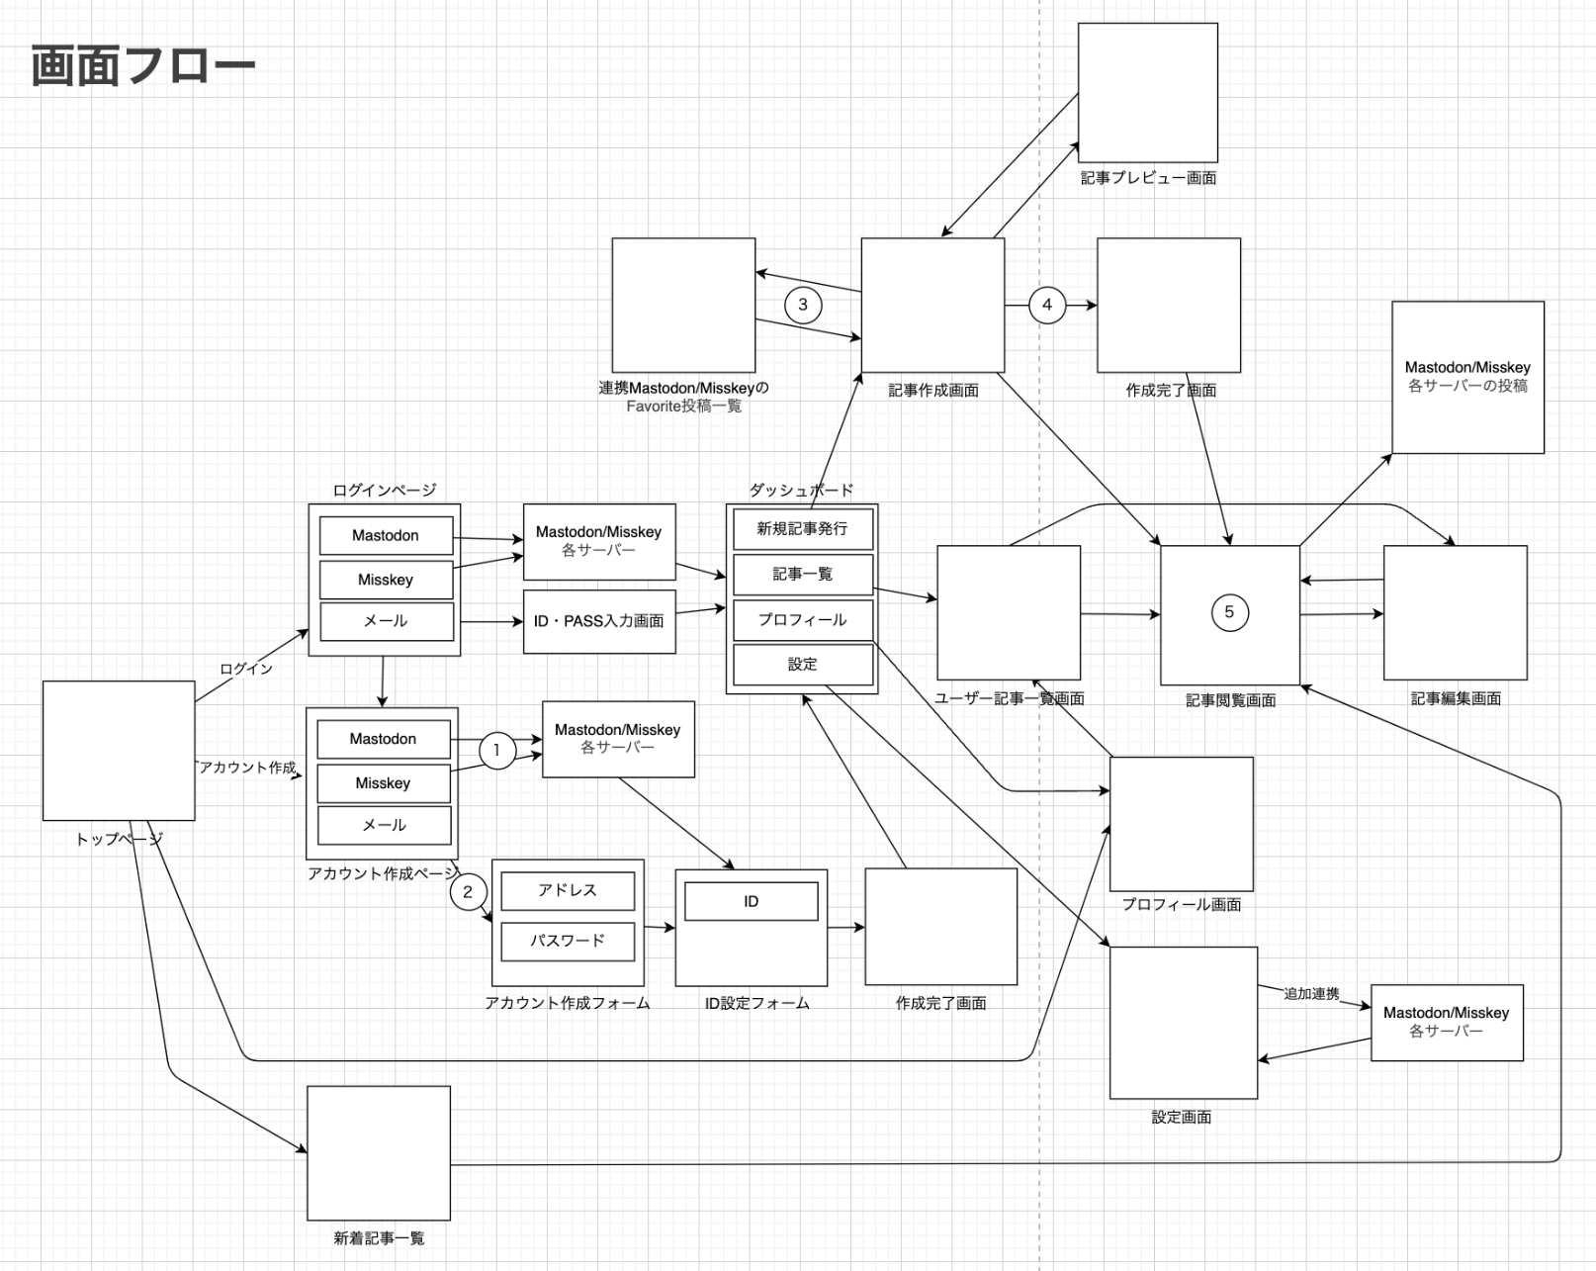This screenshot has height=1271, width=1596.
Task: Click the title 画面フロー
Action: [x=143, y=66]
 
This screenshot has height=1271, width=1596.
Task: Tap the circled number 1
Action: [x=496, y=750]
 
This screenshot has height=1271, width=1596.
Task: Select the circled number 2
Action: [x=468, y=891]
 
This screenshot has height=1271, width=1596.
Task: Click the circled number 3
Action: [x=803, y=305]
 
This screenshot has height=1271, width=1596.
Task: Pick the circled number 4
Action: [x=1047, y=305]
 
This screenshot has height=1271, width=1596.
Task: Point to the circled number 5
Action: [x=1229, y=612]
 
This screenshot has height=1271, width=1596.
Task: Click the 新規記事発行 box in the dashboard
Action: [x=802, y=529]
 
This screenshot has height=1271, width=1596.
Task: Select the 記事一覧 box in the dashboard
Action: [x=802, y=574]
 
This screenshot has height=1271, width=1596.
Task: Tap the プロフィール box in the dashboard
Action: [x=802, y=620]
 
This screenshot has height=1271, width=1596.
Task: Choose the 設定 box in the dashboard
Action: [x=802, y=665]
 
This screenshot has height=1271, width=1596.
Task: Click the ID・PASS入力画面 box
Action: [x=599, y=621]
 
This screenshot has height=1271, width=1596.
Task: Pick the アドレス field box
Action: [x=568, y=890]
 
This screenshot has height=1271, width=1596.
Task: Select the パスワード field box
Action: [x=568, y=941]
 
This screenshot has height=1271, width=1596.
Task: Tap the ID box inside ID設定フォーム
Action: [x=752, y=901]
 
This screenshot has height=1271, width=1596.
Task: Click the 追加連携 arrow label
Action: [x=1311, y=993]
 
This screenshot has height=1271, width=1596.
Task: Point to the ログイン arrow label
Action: [x=246, y=669]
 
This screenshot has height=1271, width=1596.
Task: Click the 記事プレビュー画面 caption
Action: [x=1148, y=178]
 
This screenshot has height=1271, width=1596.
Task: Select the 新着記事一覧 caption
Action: [x=379, y=1237]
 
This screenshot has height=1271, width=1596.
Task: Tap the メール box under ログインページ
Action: [x=386, y=621]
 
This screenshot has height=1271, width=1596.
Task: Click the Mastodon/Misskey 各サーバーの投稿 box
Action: [x=1467, y=377]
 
